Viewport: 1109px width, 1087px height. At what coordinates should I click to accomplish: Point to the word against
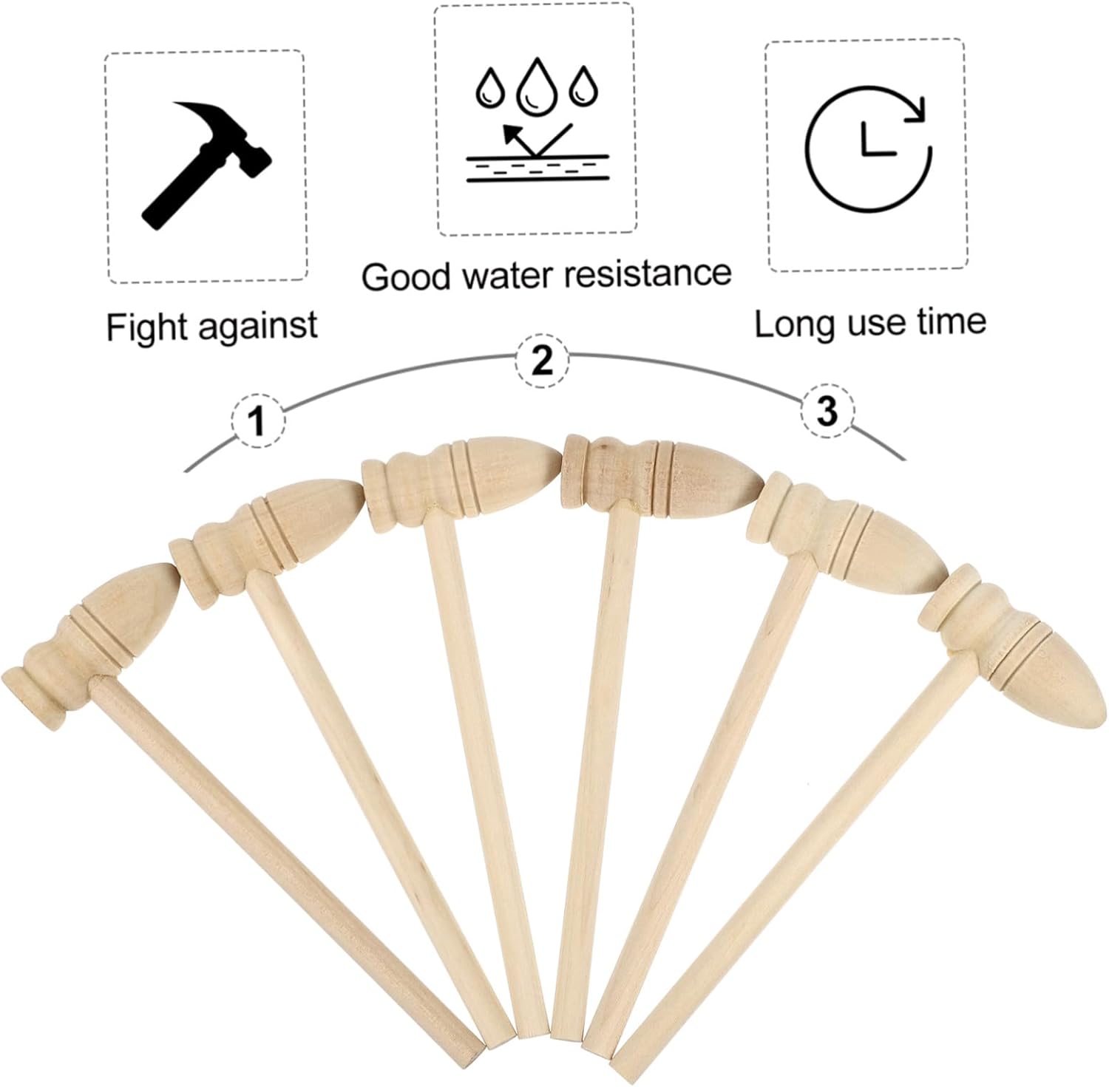point(254,327)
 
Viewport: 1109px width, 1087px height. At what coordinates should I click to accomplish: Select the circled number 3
point(827,411)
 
